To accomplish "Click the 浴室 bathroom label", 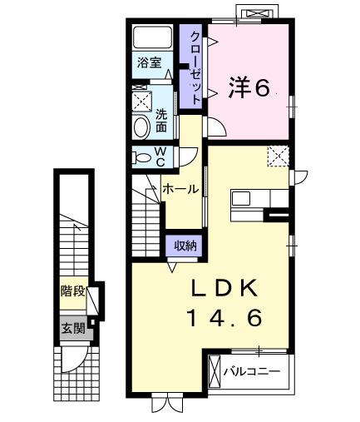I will [150, 62].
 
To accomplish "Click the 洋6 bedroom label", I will [249, 87].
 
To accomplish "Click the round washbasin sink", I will [141, 127].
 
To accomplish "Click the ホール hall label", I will [180, 189].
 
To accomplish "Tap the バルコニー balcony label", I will [252, 371].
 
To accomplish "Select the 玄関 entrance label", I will [72, 327].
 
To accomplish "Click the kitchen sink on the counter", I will [242, 199].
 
